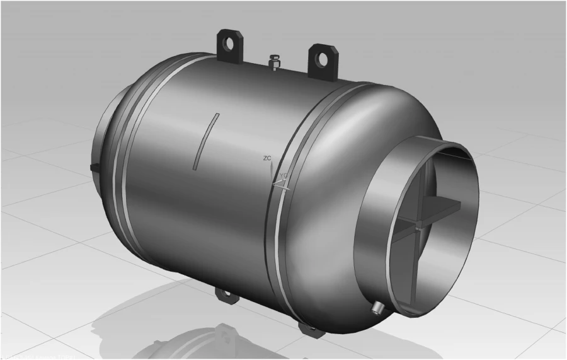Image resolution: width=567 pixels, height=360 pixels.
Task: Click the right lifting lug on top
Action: click(323, 59)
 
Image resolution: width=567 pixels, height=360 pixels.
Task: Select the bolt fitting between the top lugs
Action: click(275, 63)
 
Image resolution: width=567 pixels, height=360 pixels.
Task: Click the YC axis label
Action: click(284, 175)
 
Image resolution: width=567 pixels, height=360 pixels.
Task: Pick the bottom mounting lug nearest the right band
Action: click(308, 327)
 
